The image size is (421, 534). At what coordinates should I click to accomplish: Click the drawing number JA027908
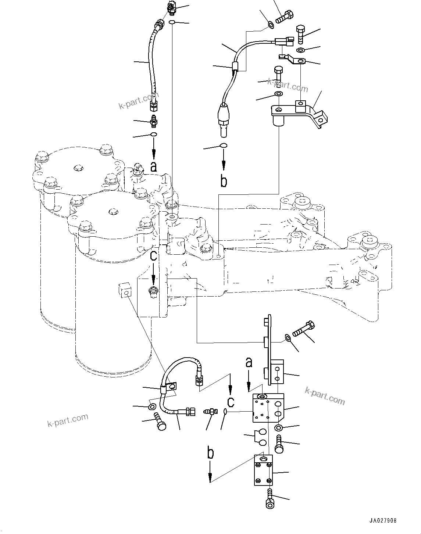(x=383, y=521)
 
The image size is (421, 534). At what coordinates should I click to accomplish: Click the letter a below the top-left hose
(x=154, y=167)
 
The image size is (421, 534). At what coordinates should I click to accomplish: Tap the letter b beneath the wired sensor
(x=224, y=181)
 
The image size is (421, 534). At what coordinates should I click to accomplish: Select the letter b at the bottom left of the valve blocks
(x=210, y=453)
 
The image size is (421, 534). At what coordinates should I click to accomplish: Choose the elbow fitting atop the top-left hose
(x=171, y=7)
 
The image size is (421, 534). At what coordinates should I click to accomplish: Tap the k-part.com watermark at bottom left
(x=68, y=420)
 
